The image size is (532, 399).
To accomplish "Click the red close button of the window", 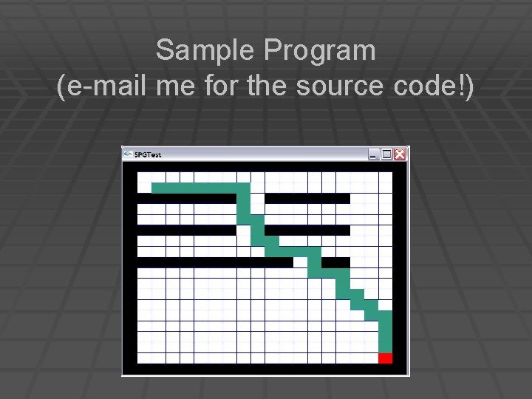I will pos(400,154).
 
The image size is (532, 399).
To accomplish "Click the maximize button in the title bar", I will pos(386,154).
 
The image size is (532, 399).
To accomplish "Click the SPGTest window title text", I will pos(148,155).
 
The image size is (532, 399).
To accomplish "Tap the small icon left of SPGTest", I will pos(128,154).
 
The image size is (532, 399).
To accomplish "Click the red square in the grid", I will pos(385,358).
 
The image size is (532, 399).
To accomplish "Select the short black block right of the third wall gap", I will pos(335,262).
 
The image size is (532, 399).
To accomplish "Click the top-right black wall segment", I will pos(307,198).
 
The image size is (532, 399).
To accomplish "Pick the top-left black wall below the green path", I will pos(186,198).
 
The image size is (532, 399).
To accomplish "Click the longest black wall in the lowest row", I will pos(214,262).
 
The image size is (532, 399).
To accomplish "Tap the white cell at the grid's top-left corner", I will pos(144,177).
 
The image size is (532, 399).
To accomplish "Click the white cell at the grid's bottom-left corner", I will pos(144,358).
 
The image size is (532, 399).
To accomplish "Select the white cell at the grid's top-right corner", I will pos(385,177).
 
